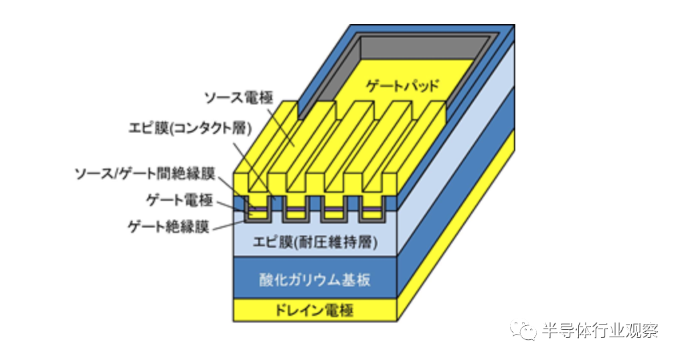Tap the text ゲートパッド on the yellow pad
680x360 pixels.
pyautogui.click(x=403, y=86)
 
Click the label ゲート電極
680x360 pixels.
pyautogui.click(x=177, y=199)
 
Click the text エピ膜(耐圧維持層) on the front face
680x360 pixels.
pyautogui.click(x=315, y=242)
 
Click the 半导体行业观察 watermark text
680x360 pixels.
pyautogui.click(x=600, y=330)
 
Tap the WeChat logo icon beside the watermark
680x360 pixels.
pyautogui.click(x=523, y=330)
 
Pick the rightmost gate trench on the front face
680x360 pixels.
pyautogui.click(x=370, y=212)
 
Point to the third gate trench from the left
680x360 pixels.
pyautogui.click(x=331, y=212)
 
